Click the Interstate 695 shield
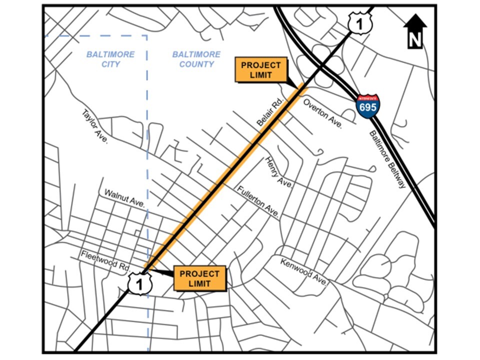368,105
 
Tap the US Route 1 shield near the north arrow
360,23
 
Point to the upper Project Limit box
261,70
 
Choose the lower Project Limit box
200,278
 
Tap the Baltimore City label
110,59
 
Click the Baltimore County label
196,59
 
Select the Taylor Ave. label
95,127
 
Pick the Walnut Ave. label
124,198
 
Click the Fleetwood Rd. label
105,261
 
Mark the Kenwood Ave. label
303,272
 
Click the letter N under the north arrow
414,40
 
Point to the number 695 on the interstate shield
368,107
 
